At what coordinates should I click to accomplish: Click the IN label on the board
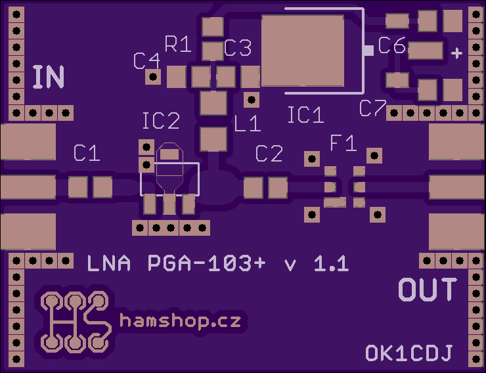(x=49, y=77)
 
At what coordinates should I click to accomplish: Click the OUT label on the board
(x=428, y=290)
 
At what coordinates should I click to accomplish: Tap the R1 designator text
(x=177, y=44)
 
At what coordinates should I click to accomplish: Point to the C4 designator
(x=146, y=60)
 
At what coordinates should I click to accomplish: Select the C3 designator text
(x=238, y=48)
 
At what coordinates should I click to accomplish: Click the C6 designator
(x=392, y=45)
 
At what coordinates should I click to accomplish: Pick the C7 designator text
(x=373, y=108)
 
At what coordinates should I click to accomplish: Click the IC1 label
(x=306, y=115)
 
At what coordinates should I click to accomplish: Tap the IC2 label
(x=161, y=121)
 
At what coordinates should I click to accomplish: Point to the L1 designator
(x=248, y=123)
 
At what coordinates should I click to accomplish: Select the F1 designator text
(x=343, y=143)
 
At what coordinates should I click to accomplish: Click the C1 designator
(x=87, y=153)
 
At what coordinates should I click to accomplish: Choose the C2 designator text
(x=269, y=154)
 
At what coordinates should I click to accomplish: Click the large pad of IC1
(x=303, y=51)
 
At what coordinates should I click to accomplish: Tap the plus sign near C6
(x=456, y=53)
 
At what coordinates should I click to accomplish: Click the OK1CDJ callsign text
(x=409, y=353)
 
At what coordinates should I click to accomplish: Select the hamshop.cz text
(x=181, y=320)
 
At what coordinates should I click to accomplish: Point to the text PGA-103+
(x=207, y=263)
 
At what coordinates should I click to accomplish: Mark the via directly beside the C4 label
(x=153, y=77)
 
